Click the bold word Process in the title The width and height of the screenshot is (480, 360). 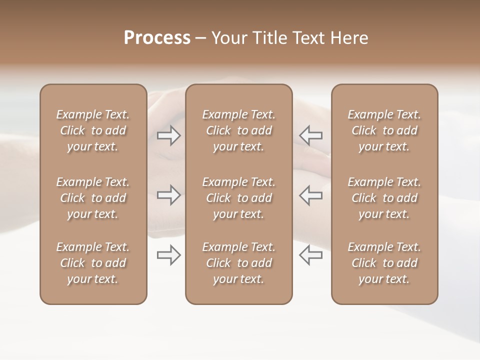tap(157, 38)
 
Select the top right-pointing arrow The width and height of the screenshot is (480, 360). tap(168, 135)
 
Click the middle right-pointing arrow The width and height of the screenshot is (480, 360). tap(168, 195)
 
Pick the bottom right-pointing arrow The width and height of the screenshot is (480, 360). tap(168, 255)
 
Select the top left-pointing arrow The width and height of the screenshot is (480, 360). tap(310, 135)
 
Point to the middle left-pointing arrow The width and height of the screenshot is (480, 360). tap(310, 195)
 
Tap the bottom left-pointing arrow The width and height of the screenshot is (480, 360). tap(310, 255)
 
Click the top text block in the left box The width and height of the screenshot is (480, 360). tap(93, 130)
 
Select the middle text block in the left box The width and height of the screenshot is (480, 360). tap(93, 198)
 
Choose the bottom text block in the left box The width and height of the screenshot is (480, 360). tap(93, 263)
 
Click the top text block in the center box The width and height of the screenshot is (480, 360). tap(238, 130)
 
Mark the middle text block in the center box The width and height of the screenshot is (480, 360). tap(238, 198)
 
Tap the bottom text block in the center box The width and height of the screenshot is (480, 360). tap(238, 263)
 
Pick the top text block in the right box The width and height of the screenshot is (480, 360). tap(384, 130)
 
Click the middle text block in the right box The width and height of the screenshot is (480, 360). tap(384, 198)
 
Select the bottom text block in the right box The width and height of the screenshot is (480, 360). tap(384, 263)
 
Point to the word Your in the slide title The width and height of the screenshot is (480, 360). tap(228, 38)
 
